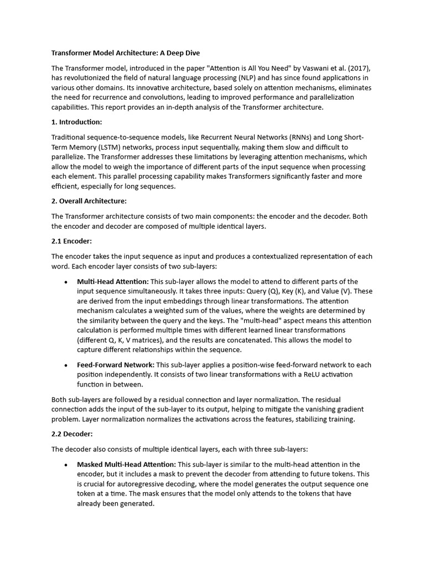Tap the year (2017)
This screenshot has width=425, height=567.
[358, 68]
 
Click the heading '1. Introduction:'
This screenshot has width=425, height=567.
[77, 122]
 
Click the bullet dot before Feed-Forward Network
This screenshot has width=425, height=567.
[66, 365]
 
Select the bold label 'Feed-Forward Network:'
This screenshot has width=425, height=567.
[116, 365]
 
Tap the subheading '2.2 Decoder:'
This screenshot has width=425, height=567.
[71, 434]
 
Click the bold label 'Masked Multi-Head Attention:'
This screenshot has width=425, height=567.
[126, 464]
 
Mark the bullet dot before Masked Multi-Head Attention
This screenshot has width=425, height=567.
[66, 465]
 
